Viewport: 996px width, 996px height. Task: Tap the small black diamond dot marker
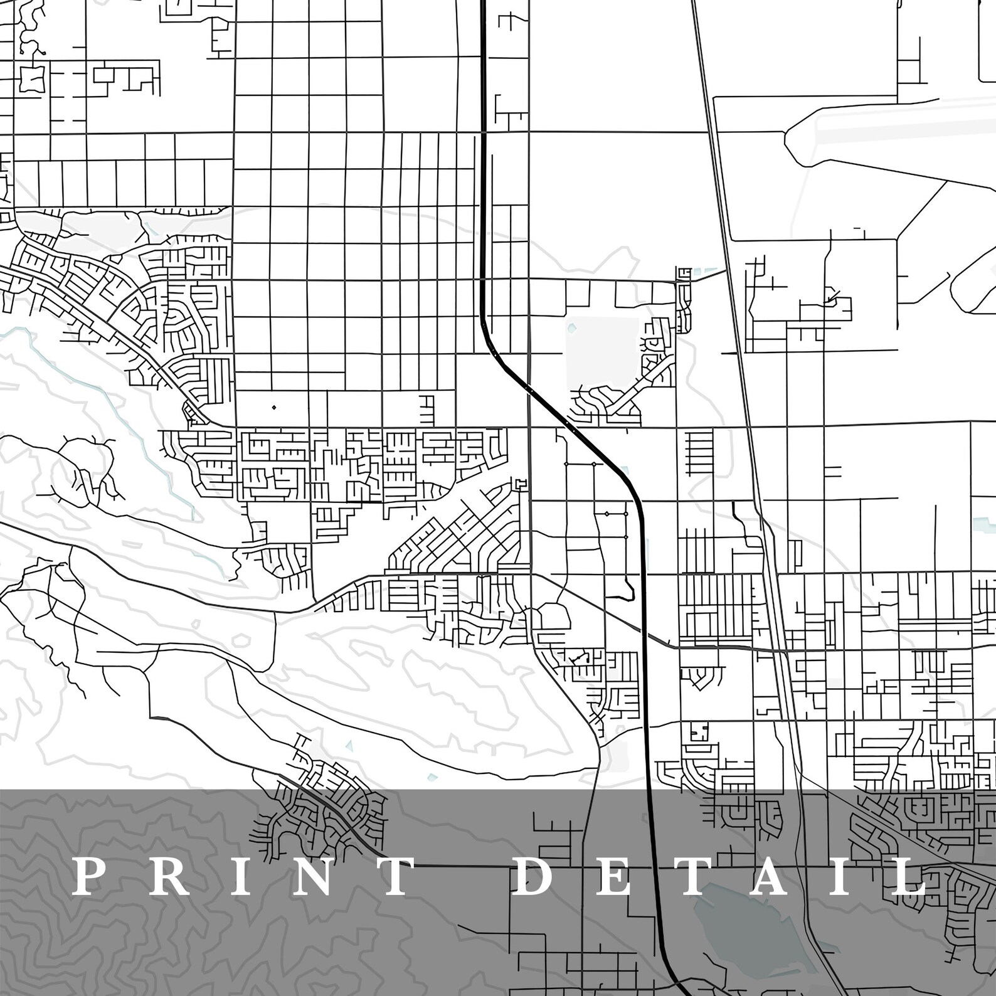(273, 408)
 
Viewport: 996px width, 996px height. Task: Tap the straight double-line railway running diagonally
(728, 251)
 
